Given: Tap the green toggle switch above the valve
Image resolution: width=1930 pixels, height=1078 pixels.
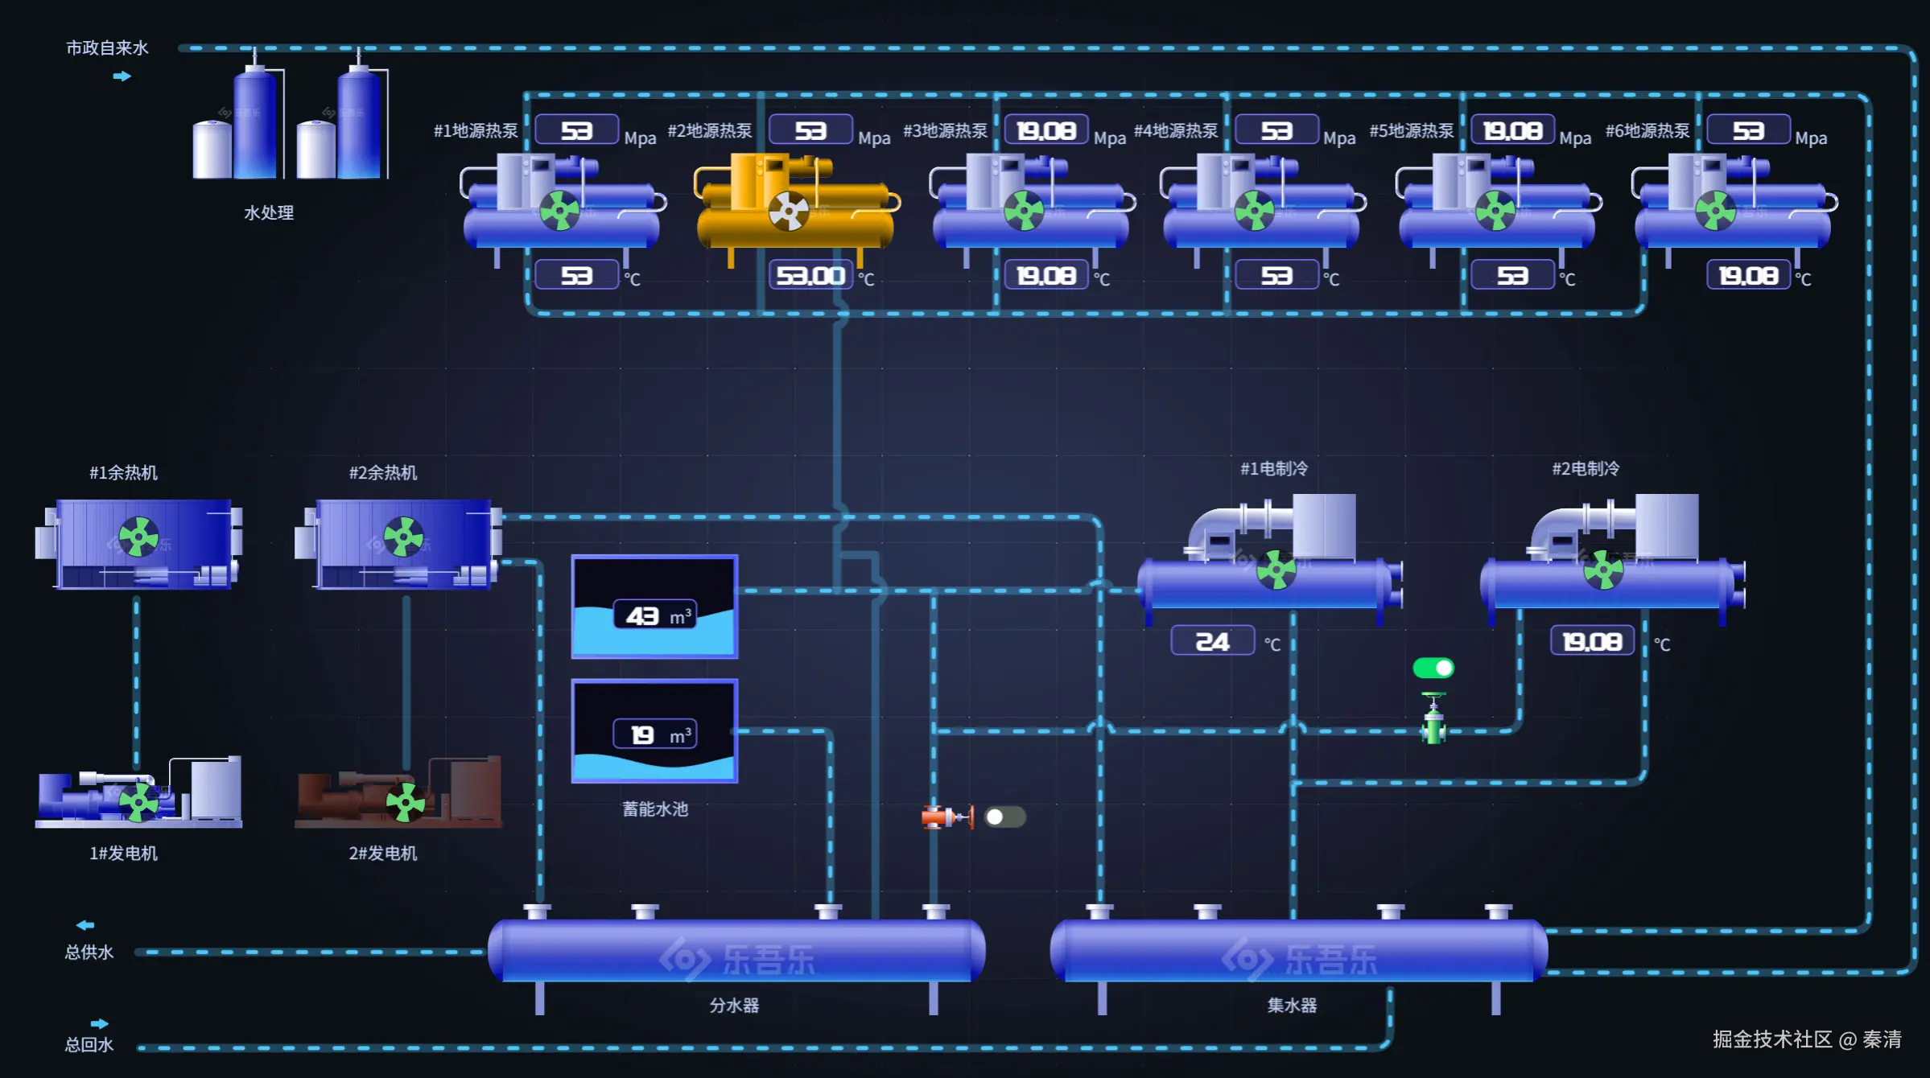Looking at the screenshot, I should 1433,668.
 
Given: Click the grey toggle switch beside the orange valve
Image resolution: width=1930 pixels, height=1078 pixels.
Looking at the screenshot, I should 1004,817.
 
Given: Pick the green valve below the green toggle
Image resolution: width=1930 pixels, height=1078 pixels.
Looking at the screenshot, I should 1433,722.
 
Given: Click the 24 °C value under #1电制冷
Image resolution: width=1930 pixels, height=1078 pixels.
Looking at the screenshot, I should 1212,642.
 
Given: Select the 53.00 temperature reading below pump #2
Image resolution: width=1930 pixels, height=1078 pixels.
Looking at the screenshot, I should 810,276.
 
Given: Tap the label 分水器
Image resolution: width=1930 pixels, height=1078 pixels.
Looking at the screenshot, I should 734,1006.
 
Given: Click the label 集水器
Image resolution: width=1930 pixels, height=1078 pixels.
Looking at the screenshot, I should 1292,1006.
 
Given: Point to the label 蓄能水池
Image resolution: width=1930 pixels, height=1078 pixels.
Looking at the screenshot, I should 655,809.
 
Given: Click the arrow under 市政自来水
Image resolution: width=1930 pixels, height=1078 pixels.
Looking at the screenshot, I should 122,76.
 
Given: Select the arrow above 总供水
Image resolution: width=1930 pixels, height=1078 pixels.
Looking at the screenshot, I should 85,925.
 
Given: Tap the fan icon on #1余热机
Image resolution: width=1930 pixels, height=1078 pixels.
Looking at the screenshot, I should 138,537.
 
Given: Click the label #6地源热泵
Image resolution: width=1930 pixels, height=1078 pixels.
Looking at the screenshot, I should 1647,131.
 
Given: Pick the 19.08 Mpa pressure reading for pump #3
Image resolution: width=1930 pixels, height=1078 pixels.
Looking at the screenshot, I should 1045,130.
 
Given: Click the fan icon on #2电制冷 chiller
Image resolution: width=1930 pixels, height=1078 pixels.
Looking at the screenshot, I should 1603,570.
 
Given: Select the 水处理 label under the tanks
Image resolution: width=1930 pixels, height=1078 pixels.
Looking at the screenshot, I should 269,213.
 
